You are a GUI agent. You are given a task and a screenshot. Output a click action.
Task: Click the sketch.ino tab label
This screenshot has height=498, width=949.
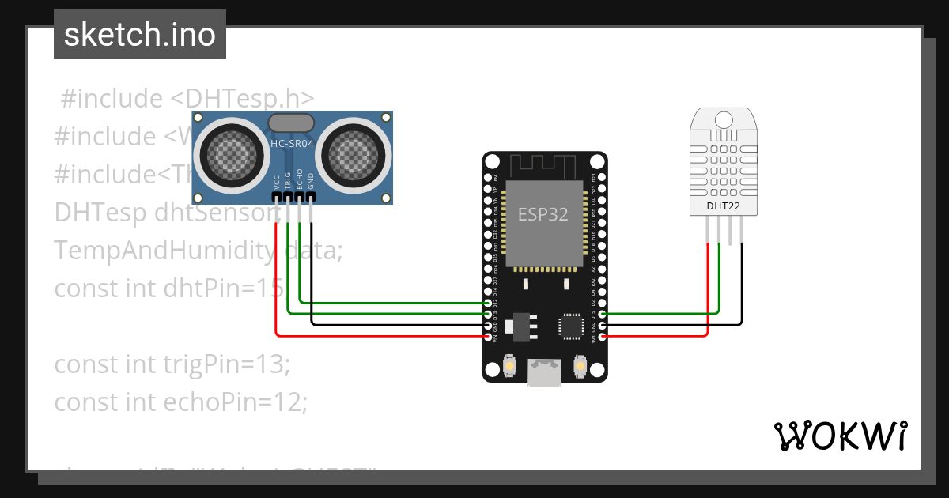click(140, 35)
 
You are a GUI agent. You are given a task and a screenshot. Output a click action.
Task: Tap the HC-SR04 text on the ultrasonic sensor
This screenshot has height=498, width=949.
click(291, 144)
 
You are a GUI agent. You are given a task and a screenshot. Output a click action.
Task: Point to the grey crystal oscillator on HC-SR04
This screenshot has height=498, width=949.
click(291, 122)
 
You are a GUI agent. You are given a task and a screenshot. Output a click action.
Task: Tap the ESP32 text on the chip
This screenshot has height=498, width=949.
click(543, 214)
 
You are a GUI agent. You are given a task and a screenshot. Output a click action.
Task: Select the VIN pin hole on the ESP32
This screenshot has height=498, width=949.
click(487, 337)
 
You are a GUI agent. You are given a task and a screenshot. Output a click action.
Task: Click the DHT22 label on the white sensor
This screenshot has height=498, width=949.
click(724, 206)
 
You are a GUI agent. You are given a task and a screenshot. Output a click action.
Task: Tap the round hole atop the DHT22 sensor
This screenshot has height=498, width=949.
click(724, 119)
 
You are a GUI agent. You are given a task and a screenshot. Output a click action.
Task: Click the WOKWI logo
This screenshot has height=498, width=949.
click(840, 436)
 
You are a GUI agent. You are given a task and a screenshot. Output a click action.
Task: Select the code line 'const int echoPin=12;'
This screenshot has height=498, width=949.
click(180, 402)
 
